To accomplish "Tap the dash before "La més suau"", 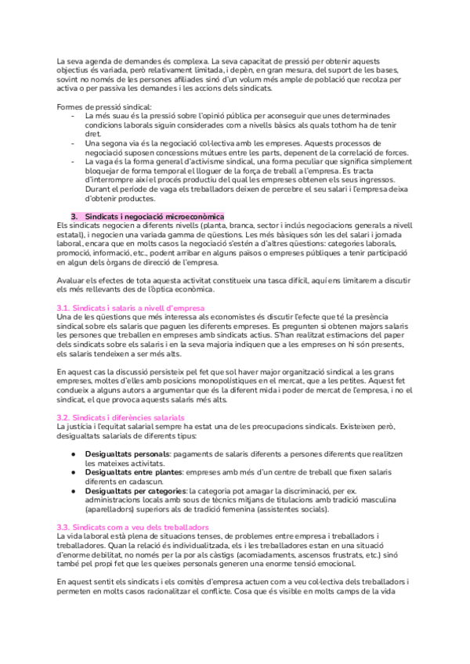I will [74, 116].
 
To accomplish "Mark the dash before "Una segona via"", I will [74, 143].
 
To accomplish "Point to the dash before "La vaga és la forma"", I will [74, 161].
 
